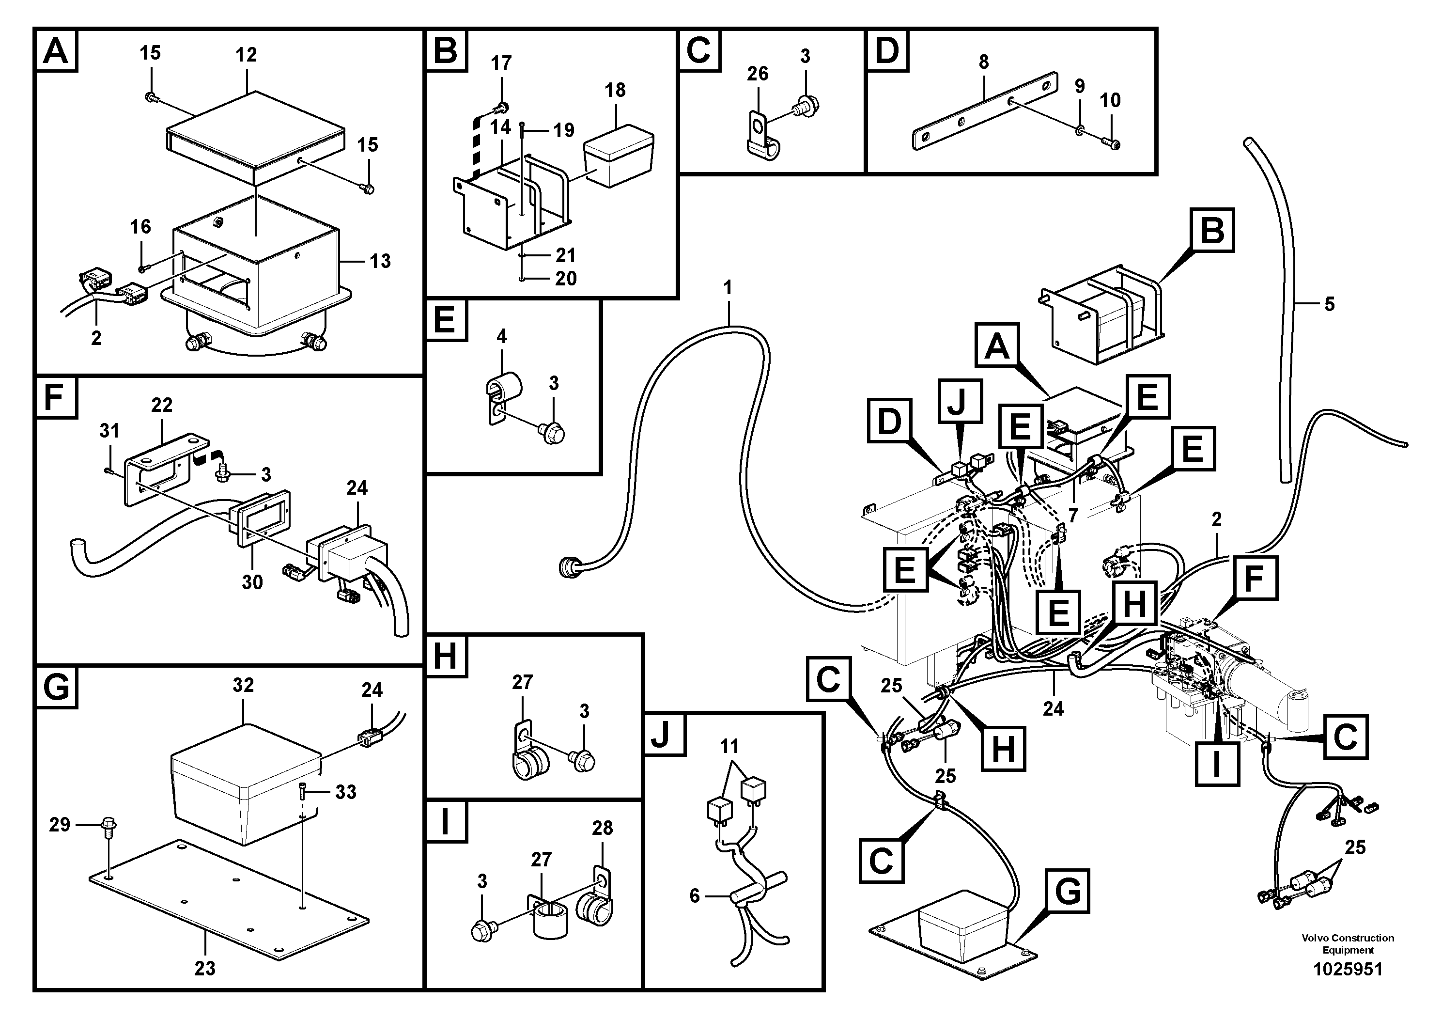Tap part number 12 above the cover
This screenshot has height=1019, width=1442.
[246, 55]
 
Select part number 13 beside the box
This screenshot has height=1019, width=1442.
[380, 261]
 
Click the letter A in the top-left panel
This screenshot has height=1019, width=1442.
[57, 51]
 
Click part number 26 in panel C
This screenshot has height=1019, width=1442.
[758, 74]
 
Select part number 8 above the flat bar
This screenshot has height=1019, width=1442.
[983, 62]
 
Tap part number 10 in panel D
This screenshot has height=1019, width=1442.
[1110, 100]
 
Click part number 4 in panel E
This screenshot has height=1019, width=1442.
[502, 336]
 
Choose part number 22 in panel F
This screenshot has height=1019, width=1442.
[161, 405]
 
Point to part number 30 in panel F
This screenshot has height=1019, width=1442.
[252, 582]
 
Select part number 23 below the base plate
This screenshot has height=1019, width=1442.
[205, 968]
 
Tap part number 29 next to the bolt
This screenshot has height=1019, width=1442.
[60, 824]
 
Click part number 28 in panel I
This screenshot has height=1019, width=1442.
[602, 828]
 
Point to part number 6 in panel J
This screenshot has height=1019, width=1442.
[694, 895]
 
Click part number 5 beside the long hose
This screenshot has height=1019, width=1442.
[1329, 304]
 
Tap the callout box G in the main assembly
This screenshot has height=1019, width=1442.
[1068, 891]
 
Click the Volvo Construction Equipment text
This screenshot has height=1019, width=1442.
[1348, 943]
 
